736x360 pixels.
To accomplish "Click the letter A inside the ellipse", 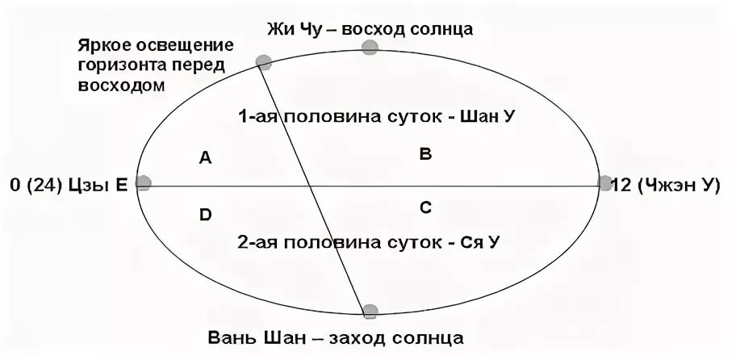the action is click(205, 159).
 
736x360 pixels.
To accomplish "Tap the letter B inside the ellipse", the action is click(425, 154).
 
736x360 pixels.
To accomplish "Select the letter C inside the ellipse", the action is click(425, 208).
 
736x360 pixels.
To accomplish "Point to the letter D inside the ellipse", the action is click(205, 215).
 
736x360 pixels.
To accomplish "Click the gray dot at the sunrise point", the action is click(370, 47).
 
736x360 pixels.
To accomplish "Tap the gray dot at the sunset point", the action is click(370, 311).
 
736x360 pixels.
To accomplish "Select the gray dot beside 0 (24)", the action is click(144, 183).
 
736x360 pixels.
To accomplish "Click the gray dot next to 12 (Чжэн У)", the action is click(604, 183).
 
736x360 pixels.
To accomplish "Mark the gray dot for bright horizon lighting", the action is click(262, 61).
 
